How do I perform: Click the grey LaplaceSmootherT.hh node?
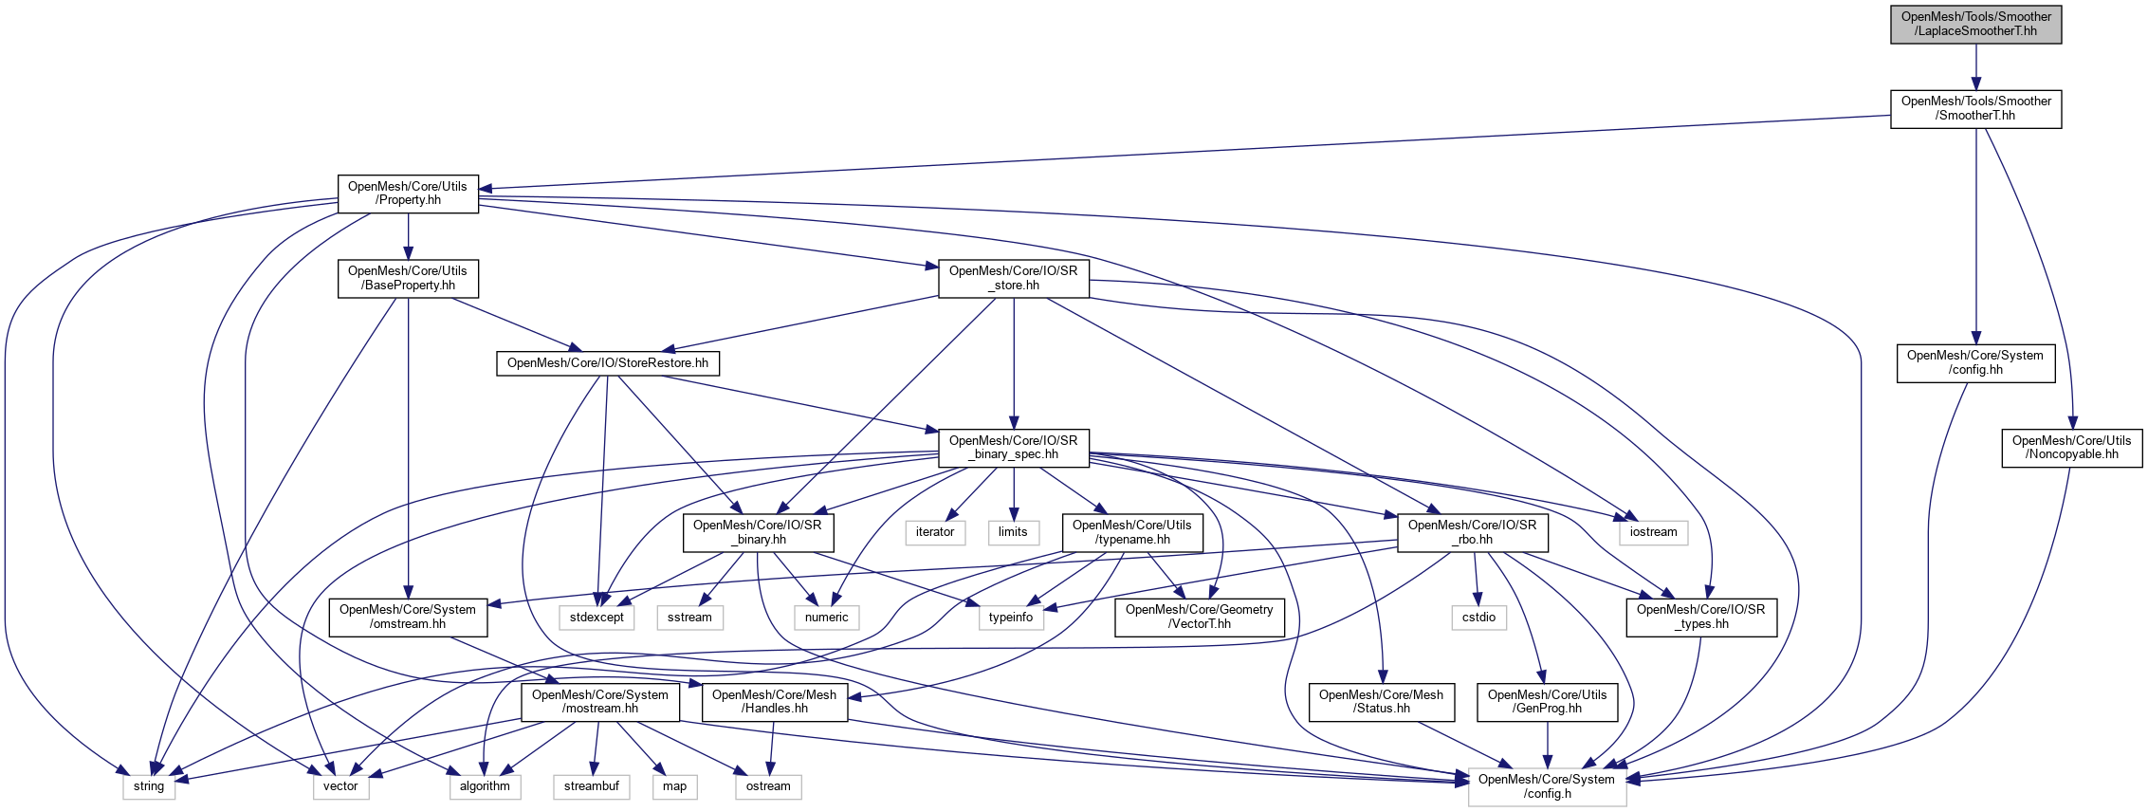tap(1975, 25)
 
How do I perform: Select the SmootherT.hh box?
tap(1975, 109)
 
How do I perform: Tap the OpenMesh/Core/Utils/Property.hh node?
tap(408, 194)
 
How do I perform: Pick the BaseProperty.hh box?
tap(408, 279)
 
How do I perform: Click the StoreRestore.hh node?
tap(608, 363)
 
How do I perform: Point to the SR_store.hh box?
tap(1014, 279)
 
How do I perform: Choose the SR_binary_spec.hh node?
tap(1014, 448)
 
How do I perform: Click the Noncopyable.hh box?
tap(2071, 448)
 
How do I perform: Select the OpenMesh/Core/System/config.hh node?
tap(1975, 363)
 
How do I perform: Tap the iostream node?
tap(1653, 532)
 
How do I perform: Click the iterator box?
tap(935, 532)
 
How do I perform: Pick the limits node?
tap(1013, 532)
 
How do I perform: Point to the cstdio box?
tap(1478, 618)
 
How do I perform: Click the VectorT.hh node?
tap(1200, 618)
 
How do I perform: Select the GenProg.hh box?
tap(1548, 702)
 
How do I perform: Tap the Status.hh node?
tap(1382, 702)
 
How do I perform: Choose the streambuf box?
tap(592, 786)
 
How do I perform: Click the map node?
tap(675, 786)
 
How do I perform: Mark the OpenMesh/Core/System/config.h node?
tap(1548, 787)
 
